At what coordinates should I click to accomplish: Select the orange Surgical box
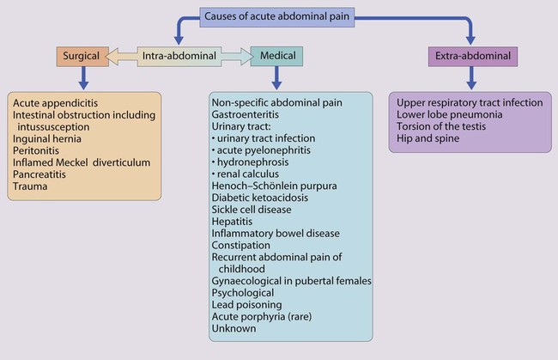pyautogui.click(x=82, y=58)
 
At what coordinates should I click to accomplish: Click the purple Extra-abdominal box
pyautogui.click(x=471, y=58)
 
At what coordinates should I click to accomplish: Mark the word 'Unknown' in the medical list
pyautogui.click(x=234, y=328)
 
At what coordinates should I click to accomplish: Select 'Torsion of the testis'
pyautogui.click(x=446, y=126)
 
